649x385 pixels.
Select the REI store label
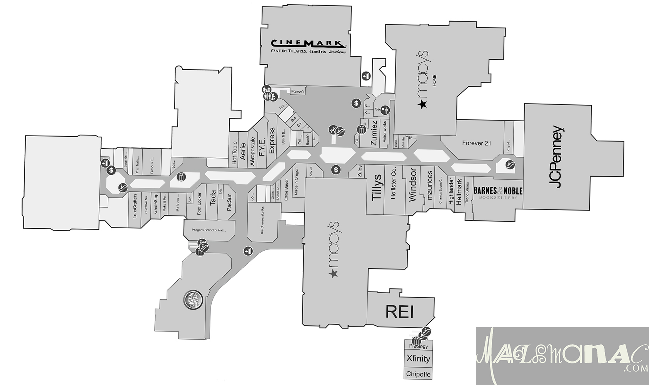pyautogui.click(x=400, y=312)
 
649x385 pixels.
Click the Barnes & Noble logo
pyautogui.click(x=497, y=192)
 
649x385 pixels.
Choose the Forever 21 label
pyautogui.click(x=477, y=143)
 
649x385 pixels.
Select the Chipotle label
pyautogui.click(x=418, y=374)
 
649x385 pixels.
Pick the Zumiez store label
pyautogui.click(x=374, y=133)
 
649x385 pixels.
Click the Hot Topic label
pyautogui.click(x=235, y=153)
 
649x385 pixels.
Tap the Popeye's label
pyautogui.click(x=298, y=92)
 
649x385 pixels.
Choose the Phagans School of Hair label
pyautogui.click(x=209, y=230)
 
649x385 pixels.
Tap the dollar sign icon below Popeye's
pyautogui.click(x=356, y=103)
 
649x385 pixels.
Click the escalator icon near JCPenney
pyautogui.click(x=510, y=165)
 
